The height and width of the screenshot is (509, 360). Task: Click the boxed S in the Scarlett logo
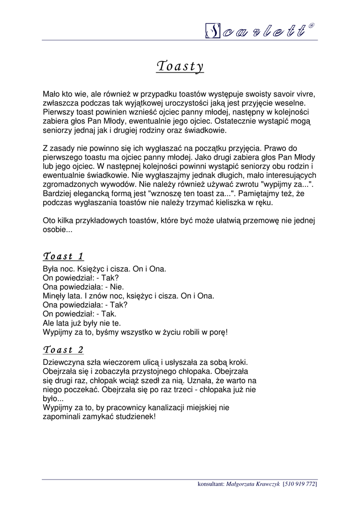[x=213, y=31]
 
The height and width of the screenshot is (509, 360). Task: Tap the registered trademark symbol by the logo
[x=311, y=25]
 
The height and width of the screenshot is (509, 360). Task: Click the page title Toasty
[x=180, y=66]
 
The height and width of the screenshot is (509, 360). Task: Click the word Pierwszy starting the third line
[x=58, y=112]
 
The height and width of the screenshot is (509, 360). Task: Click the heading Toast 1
[x=64, y=256]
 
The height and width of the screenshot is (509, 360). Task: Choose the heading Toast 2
[x=64, y=349]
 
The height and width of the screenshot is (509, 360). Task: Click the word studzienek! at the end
[x=135, y=417]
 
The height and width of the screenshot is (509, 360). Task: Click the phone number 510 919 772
[x=300, y=484]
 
